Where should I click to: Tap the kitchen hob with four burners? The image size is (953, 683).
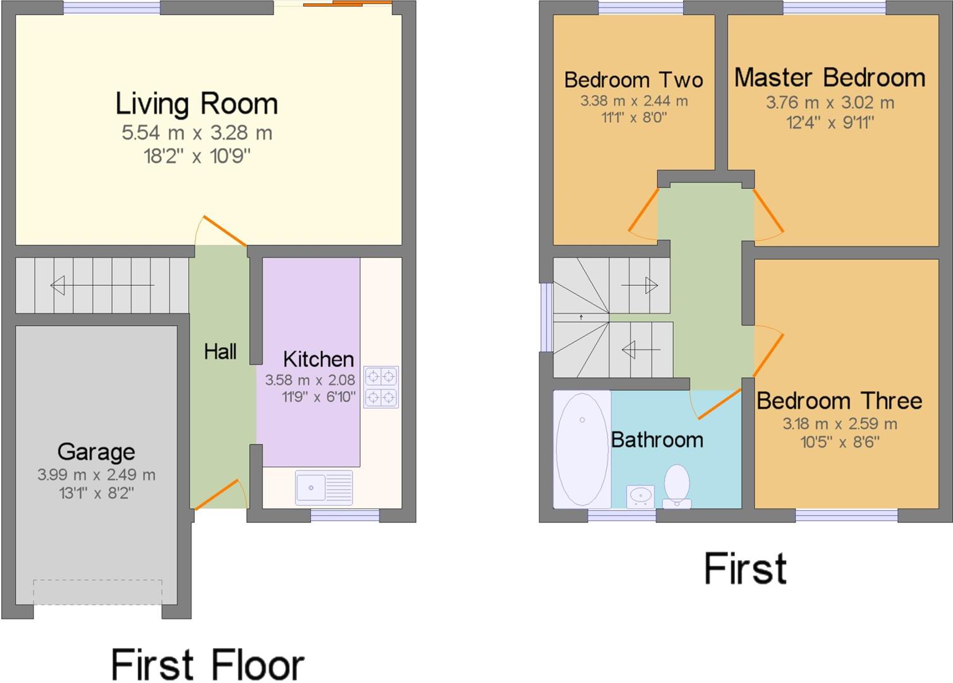[381, 387]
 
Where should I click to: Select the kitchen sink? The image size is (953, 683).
[324, 488]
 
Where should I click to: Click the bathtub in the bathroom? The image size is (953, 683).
[582, 449]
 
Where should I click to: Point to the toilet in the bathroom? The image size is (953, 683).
[677, 486]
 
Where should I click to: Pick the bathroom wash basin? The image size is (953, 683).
[640, 496]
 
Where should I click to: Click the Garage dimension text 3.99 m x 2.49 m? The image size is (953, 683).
[96, 475]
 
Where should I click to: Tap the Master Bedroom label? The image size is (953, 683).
[830, 78]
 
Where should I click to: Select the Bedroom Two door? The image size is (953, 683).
[643, 214]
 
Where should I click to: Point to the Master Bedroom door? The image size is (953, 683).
[768, 214]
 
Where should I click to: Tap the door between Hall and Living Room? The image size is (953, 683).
[223, 231]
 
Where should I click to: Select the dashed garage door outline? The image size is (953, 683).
[98, 592]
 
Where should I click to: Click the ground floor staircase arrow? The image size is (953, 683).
[101, 286]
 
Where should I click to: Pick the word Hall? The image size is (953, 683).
[220, 352]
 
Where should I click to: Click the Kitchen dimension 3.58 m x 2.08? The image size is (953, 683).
[310, 380]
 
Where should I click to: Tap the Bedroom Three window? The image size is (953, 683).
[846, 516]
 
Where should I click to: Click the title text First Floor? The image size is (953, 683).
[207, 665]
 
